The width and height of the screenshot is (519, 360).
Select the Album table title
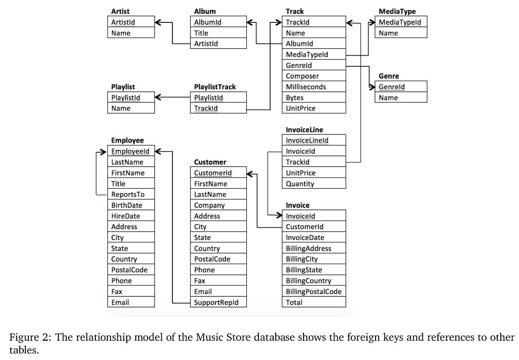pyautogui.click(x=205, y=11)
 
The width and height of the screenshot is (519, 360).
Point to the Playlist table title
pyautogui.click(x=123, y=87)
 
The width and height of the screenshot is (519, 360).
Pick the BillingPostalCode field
pyautogui.click(x=314, y=292)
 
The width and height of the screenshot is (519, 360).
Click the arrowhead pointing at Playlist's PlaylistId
pyautogui.click(x=159, y=97)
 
